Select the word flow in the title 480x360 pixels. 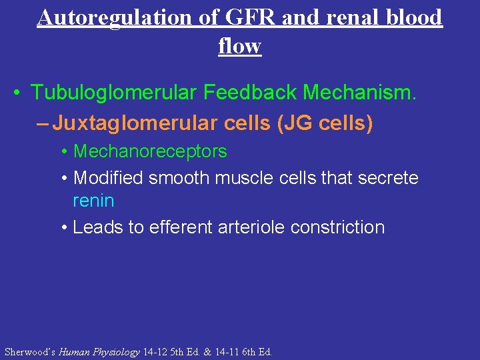(239, 46)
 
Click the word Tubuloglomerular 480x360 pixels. (114, 93)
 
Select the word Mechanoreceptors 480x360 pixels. (150, 151)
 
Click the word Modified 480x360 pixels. (109, 178)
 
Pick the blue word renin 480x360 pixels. (93, 201)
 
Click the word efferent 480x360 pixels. (187, 227)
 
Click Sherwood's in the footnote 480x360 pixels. (30, 351)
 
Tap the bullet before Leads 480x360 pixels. (64, 228)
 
